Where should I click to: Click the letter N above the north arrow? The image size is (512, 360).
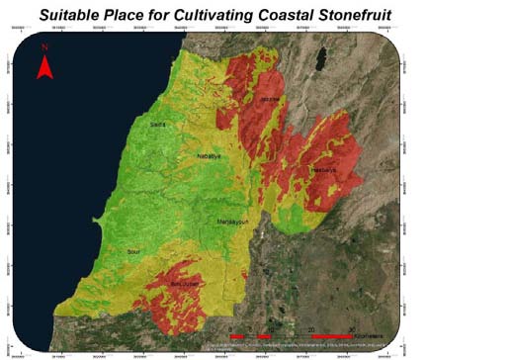(43, 46)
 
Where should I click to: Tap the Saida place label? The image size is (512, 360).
(157, 125)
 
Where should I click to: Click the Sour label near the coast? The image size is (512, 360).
(134, 253)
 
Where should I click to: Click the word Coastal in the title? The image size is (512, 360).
(354, 14)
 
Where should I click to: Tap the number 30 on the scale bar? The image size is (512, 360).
(353, 330)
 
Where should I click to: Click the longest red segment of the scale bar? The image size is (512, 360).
(332, 338)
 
